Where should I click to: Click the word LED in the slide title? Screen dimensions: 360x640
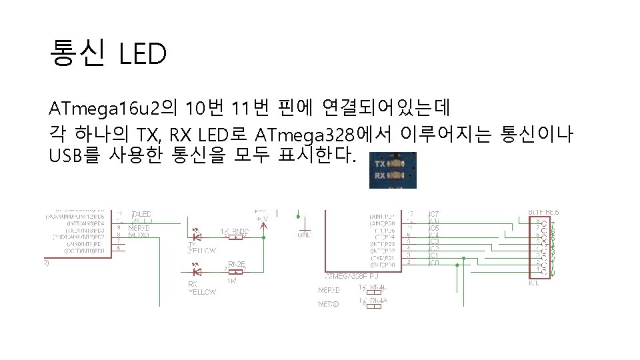[x=142, y=54]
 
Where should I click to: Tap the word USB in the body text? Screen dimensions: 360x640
[x=65, y=156]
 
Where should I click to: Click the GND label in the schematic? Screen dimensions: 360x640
[x=304, y=235]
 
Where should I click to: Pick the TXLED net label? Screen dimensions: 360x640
[x=141, y=214]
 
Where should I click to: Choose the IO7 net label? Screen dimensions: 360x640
[x=433, y=213]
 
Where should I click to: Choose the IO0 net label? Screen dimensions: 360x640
[x=433, y=263]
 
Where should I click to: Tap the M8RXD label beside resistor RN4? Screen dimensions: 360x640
[x=329, y=290]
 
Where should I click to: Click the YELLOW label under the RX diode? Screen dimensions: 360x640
[x=202, y=291]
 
